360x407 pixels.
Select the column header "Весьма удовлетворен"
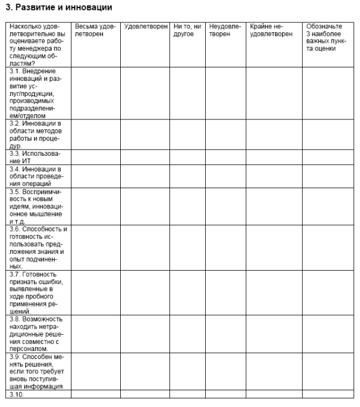pos(95,30)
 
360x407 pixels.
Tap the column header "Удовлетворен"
pos(145,27)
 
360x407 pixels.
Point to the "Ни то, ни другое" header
pos(187,30)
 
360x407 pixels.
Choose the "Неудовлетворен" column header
pos(225,30)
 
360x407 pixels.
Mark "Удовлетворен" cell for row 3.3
pos(145,157)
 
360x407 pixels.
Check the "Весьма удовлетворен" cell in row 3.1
pos(95,93)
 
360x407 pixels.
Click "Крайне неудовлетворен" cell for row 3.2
pos(273,134)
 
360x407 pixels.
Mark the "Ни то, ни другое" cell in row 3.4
pos(188,176)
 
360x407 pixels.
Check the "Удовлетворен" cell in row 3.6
pos(145,248)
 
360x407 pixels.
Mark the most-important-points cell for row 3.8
pos(328,334)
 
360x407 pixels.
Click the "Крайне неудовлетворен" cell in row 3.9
pos(273,371)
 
